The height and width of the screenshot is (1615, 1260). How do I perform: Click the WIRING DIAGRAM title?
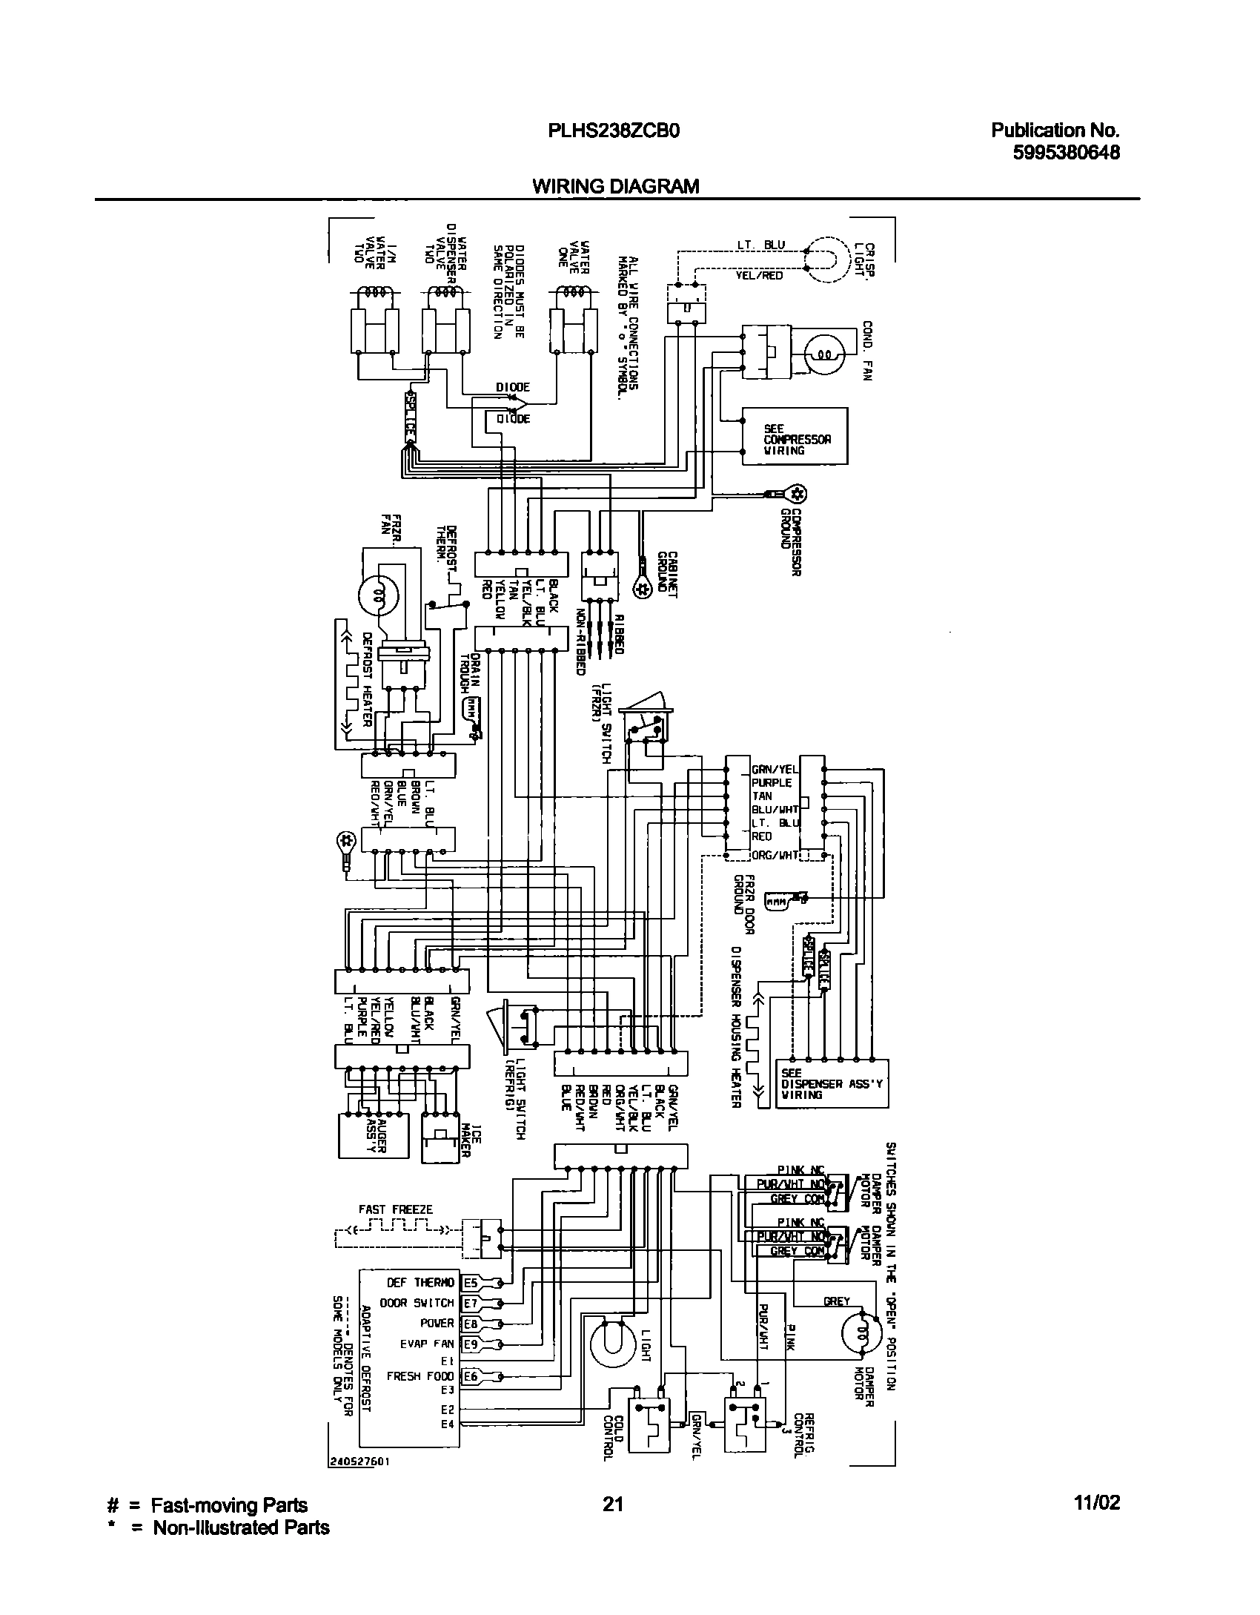pos(615,186)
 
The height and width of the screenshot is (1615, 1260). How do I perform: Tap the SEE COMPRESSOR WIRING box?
pos(795,437)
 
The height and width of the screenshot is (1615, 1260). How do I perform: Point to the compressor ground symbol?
pos(798,493)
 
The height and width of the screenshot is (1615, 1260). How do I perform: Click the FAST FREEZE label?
pos(395,1209)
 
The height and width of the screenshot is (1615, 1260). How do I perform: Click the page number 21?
pos(612,1503)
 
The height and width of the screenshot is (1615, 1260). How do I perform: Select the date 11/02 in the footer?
pos(1097,1503)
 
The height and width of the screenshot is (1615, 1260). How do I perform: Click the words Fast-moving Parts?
pos(229,1505)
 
